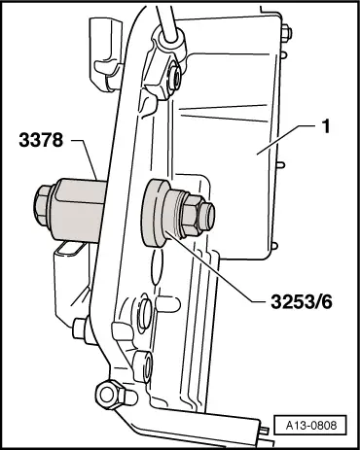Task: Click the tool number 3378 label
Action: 41,141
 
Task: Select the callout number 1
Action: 326,126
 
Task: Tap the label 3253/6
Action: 302,302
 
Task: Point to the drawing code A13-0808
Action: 311,425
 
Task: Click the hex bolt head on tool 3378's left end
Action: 42,205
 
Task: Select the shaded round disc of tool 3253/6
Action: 154,213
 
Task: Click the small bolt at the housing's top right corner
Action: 286,33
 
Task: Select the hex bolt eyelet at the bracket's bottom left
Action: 110,395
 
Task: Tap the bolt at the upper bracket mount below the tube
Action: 173,78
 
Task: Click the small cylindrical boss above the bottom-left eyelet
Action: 144,366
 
